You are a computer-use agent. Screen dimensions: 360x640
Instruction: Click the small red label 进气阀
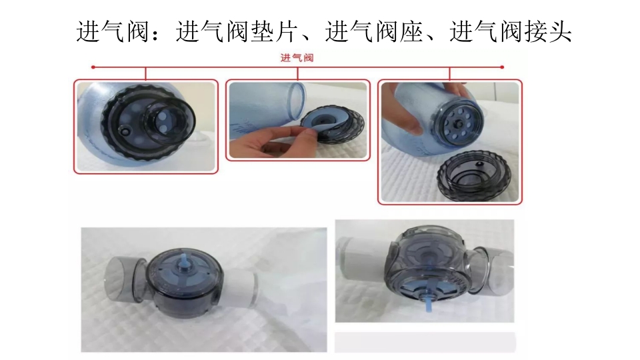click(x=297, y=58)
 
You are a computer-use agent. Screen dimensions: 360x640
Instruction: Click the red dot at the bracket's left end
click(x=93, y=67)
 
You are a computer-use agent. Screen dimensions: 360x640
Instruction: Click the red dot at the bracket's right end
click(x=501, y=67)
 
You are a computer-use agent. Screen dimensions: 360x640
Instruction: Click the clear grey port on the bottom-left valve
click(x=122, y=277)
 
